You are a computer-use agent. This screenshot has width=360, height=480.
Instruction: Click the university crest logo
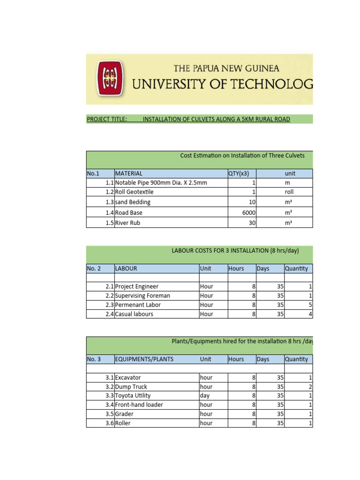[x=110, y=79]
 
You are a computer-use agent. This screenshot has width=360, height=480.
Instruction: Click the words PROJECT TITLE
[x=107, y=120]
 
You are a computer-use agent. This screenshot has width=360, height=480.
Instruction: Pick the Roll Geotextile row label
[x=135, y=192]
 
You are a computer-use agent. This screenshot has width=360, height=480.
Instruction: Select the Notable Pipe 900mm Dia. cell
[x=161, y=183]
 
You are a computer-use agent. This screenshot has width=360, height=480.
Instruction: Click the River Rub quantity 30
[x=252, y=223]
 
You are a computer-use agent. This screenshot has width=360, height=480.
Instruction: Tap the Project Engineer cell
[x=137, y=286]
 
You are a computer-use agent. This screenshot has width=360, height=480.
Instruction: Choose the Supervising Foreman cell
[x=142, y=296]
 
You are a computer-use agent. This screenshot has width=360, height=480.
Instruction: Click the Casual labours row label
[x=134, y=314]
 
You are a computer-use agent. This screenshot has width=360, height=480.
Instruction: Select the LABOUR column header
[x=126, y=269]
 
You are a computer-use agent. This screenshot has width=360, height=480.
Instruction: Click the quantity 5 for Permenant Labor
[x=310, y=305]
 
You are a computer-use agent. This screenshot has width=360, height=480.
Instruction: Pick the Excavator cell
[x=128, y=377]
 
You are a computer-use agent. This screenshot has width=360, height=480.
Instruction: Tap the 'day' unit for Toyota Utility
[x=205, y=396]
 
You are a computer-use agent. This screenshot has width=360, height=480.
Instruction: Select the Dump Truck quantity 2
[x=310, y=387]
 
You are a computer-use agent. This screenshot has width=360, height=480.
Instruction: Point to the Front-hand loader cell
[x=139, y=405]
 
